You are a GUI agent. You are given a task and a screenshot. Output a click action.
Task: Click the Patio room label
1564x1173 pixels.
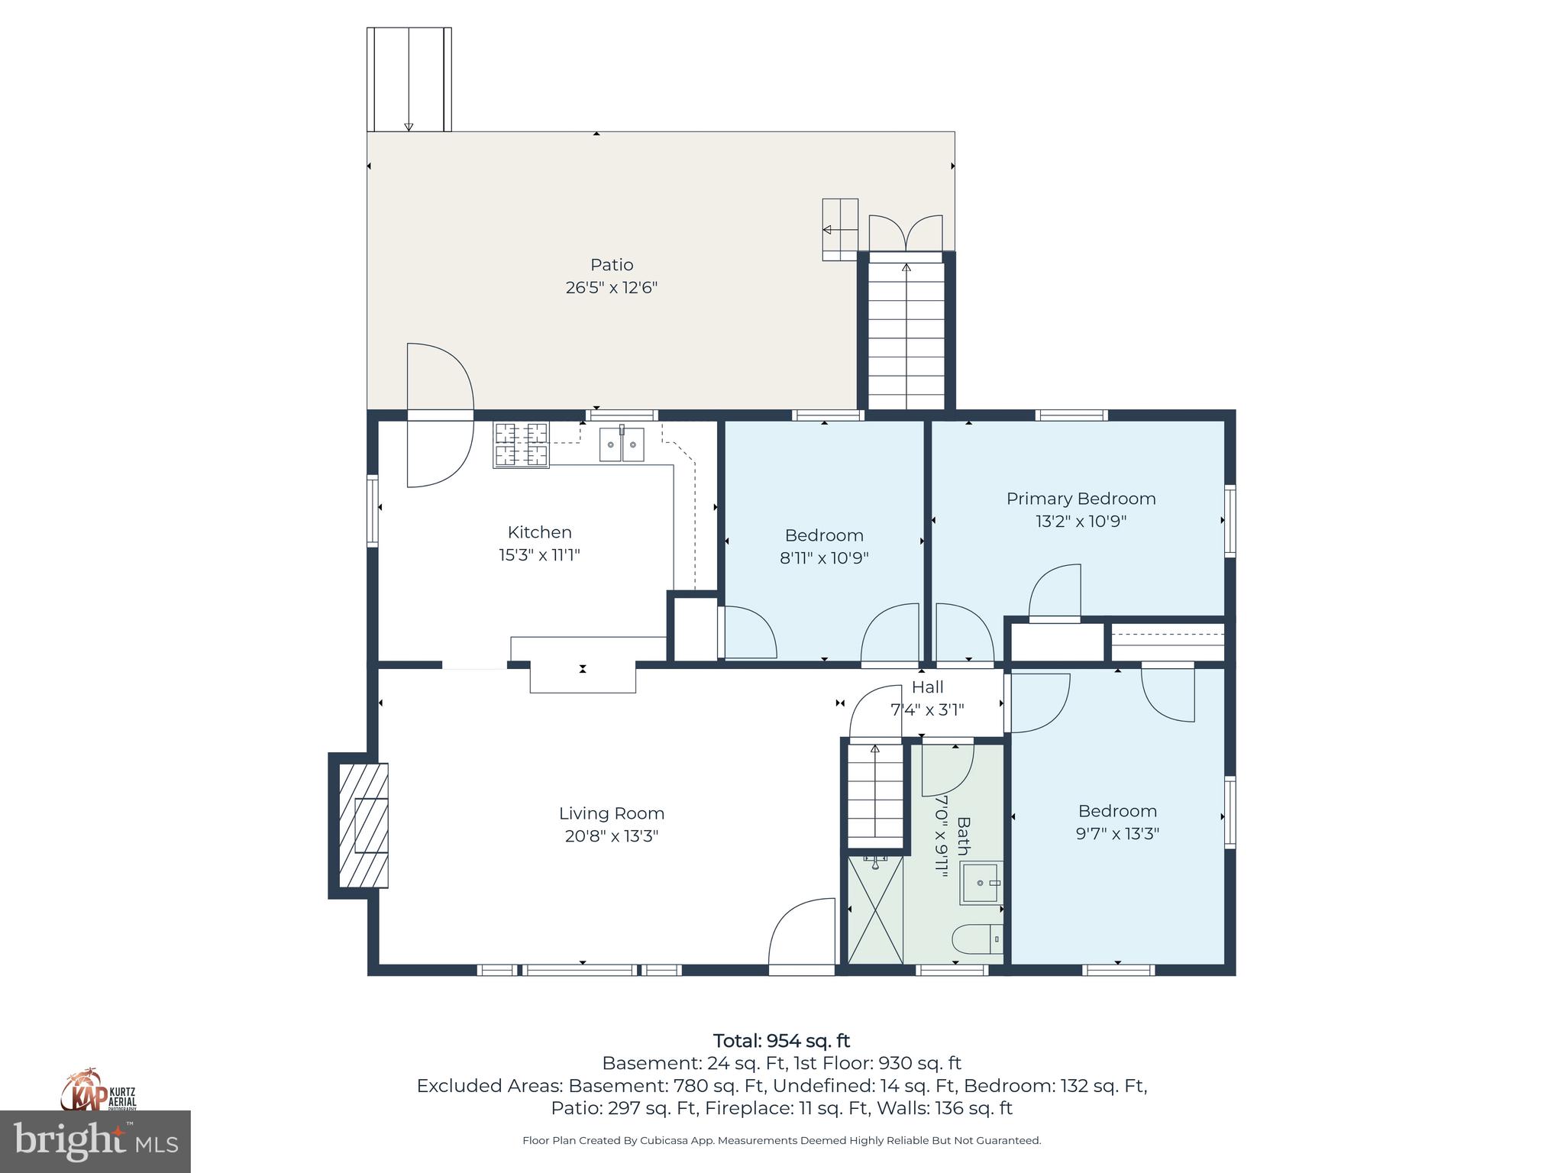[x=611, y=265]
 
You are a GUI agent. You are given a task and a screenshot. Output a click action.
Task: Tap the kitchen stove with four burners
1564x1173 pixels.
[x=522, y=444]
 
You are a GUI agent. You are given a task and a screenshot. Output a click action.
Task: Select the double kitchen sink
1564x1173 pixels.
[x=622, y=444]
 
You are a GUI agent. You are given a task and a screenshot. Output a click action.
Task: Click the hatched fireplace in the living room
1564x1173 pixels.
[x=364, y=826]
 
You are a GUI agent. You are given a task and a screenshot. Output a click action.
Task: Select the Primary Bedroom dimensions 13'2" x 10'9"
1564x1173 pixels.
[x=1081, y=522]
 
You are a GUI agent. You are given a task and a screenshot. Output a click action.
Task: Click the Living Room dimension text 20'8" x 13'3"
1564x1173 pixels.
[x=611, y=836]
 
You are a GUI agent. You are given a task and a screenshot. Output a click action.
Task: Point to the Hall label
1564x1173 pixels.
[x=927, y=687]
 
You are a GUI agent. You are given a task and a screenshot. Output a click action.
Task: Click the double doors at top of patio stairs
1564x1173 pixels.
[x=906, y=233]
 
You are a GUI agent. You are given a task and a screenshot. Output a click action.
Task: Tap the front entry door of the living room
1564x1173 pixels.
[x=802, y=935]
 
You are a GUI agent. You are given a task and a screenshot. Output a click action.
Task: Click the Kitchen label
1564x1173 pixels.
[x=539, y=532]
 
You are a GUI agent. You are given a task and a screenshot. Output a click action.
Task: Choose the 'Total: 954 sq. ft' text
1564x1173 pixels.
[x=781, y=1041]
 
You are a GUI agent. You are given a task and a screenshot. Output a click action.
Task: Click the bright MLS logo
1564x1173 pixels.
[x=95, y=1142]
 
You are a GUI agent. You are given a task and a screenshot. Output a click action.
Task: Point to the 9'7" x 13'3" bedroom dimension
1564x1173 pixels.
[x=1117, y=834]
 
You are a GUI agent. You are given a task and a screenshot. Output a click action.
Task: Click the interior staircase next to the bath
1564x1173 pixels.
[x=875, y=794]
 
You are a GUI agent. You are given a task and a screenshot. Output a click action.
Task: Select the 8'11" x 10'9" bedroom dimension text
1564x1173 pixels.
[x=824, y=558]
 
